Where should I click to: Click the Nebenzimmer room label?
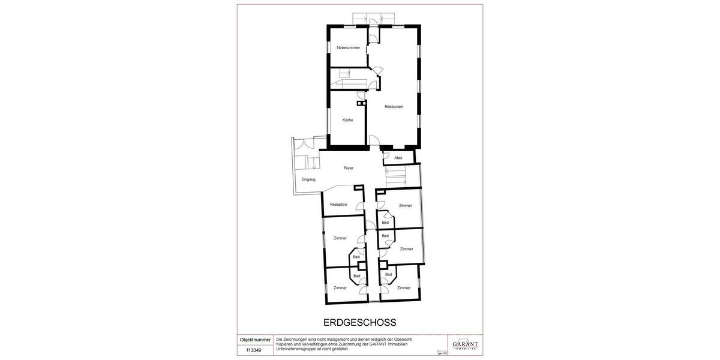pos(348,47)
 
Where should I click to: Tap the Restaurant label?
pos(394,107)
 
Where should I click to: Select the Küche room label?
pos(347,120)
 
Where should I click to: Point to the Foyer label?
pos(348,168)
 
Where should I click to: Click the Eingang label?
pos(308,180)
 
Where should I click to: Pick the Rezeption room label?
pos(338,205)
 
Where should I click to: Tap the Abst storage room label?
pos(398,158)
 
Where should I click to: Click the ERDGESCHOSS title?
pos(361,322)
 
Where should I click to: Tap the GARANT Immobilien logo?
pos(466,344)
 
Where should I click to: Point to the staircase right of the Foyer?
pos(395,176)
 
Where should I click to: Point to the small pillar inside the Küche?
pos(361,104)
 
